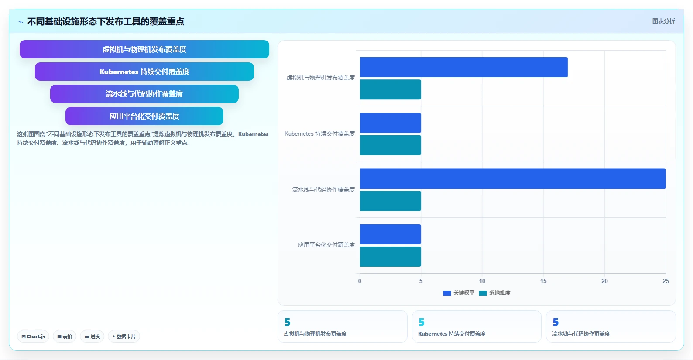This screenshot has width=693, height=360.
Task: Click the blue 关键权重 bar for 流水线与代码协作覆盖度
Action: coord(513,178)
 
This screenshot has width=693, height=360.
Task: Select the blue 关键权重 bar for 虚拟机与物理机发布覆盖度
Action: coord(464,67)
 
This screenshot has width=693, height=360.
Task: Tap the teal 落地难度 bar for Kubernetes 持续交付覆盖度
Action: coord(390,145)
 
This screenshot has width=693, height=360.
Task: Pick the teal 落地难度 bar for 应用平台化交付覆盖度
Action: coord(390,257)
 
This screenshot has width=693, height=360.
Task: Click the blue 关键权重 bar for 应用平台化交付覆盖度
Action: coord(390,234)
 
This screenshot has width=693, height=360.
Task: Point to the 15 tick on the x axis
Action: coord(543,281)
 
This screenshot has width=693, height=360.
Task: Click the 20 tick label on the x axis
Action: coord(604,281)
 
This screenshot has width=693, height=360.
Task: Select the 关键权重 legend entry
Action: coord(459,293)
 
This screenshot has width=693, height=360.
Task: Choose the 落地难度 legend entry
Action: coord(495,293)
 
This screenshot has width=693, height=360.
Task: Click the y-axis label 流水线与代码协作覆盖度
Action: coord(323,189)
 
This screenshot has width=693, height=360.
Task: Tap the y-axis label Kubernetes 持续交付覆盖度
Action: coord(319,134)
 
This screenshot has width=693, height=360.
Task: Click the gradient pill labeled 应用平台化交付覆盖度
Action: coord(144,116)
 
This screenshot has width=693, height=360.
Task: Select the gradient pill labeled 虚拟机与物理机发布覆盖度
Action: coord(144,49)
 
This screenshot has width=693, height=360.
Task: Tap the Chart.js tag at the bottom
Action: coord(33,336)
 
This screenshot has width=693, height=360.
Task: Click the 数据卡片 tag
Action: coord(124,336)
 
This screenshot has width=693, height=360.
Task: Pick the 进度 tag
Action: coord(92,336)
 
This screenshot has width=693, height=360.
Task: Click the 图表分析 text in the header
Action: coord(663,21)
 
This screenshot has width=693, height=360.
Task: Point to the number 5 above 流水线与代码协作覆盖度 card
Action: coord(556,322)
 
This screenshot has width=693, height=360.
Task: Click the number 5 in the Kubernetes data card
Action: coord(422,322)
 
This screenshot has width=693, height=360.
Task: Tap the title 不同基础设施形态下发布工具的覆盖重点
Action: coord(106,21)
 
